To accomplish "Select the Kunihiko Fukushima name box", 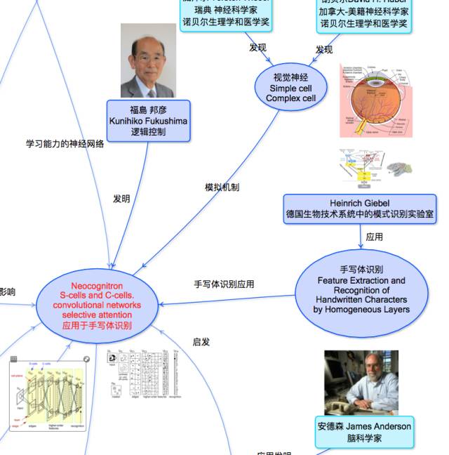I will pyautogui.click(x=148, y=121).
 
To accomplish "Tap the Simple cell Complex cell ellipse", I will pyautogui.click(x=290, y=88).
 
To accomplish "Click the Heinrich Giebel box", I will pyautogui.click(x=359, y=209).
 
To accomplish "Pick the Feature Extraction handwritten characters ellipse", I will pyautogui.click(x=361, y=289).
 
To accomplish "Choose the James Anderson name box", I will pyautogui.click(x=364, y=432).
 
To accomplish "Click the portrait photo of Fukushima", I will pyautogui.click(x=147, y=61).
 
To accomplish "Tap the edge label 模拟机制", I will pyautogui.click(x=222, y=187).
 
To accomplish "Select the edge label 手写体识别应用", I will pyautogui.click(x=224, y=284).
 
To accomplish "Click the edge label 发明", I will pyautogui.click(x=121, y=199).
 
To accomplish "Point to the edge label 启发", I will pyautogui.click(x=201, y=342).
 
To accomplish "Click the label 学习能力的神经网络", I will pyautogui.click(x=65, y=144).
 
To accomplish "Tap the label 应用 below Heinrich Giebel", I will pyautogui.click(x=374, y=237).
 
